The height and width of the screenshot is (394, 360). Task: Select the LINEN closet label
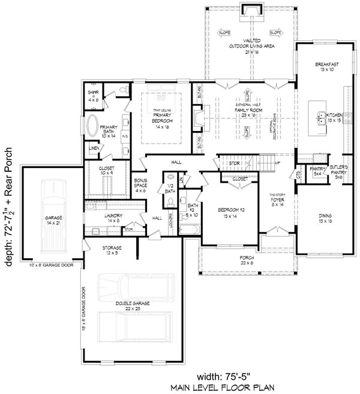94,148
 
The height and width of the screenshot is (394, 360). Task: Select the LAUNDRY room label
113,217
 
